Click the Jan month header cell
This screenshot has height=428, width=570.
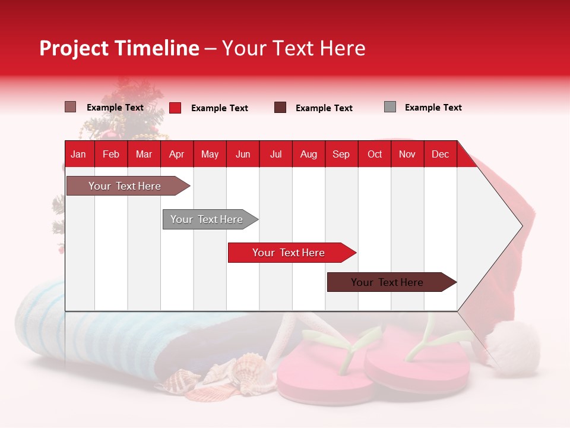79,154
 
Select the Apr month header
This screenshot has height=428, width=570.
177,154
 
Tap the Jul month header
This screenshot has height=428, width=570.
275,154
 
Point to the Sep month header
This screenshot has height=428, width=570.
341,154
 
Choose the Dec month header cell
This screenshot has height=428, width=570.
440,154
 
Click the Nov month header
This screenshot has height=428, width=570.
407,154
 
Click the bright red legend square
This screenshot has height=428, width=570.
175,108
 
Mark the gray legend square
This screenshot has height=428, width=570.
390,107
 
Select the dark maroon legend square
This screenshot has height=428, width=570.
280,108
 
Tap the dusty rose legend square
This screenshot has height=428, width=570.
71,107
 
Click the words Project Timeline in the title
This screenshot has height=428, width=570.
119,48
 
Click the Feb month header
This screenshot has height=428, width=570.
111,154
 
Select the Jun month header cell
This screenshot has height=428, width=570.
243,154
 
